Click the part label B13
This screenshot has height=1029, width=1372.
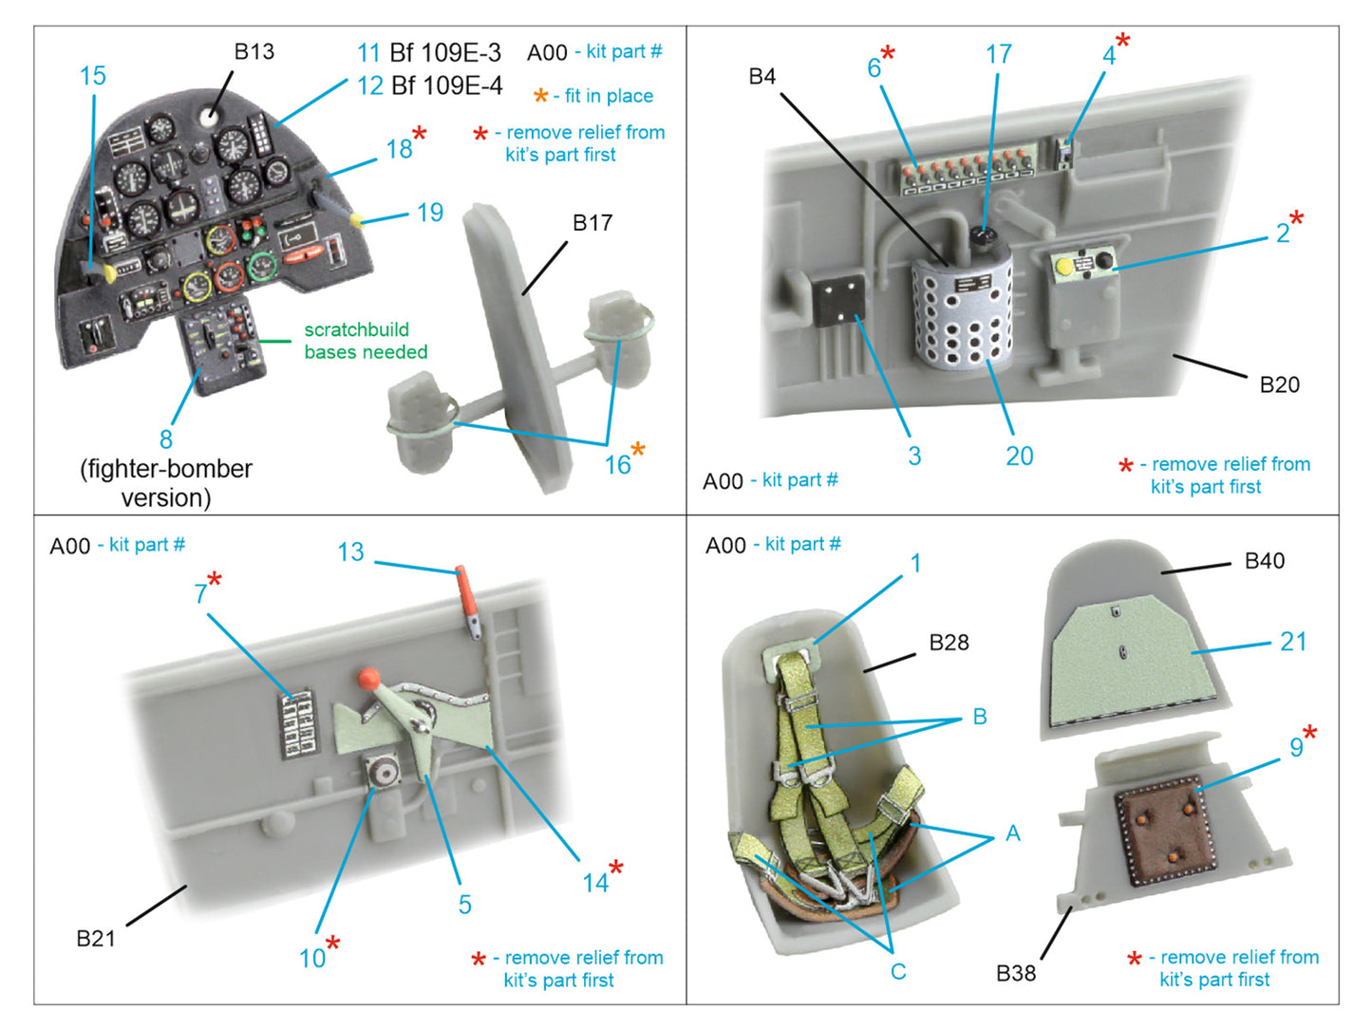tap(254, 52)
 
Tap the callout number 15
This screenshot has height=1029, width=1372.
tap(92, 77)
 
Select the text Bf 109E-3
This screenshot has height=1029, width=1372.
tap(445, 53)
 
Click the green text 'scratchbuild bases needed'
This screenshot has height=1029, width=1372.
tap(366, 341)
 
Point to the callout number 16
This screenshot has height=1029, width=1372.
tap(617, 464)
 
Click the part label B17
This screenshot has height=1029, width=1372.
tap(592, 223)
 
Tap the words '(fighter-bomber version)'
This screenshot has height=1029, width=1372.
tap(166, 483)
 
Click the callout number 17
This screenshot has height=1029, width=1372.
tap(998, 55)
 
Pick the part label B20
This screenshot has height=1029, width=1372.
tap(1279, 384)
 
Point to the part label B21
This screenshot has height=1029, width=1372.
tap(95, 939)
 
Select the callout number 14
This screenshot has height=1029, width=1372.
tap(595, 883)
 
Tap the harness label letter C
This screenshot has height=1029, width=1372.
tap(897, 972)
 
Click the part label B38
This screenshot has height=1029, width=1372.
tap(1015, 973)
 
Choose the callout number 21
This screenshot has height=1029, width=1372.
tap(1293, 643)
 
